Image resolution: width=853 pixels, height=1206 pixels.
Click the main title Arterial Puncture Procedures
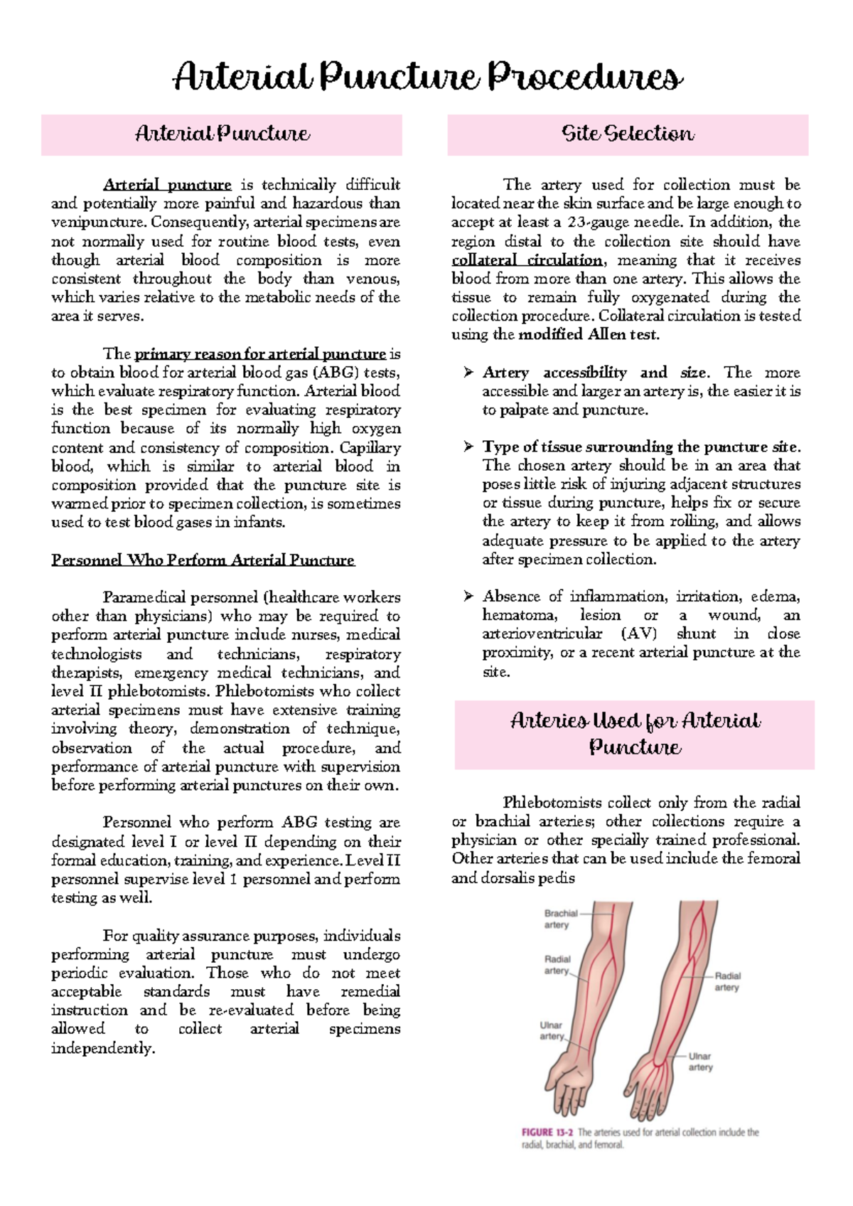(427, 77)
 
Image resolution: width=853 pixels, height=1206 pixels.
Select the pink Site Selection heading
(628, 134)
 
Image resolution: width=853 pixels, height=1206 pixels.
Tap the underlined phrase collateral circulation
(527, 260)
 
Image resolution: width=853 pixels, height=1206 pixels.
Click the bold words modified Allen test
(589, 335)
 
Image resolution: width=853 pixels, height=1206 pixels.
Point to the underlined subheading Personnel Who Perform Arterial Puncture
(203, 560)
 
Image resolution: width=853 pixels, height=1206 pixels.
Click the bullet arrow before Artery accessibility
(468, 373)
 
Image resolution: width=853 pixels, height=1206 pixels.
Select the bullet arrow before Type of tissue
(468, 447)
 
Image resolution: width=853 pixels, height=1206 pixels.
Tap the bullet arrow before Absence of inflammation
(468, 596)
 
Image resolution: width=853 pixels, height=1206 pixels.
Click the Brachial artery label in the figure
(560, 919)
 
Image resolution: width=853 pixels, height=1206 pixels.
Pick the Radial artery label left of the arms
(557, 965)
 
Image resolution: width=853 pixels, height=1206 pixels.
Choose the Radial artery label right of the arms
(727, 981)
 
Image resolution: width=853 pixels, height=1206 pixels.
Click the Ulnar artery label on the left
(552, 1030)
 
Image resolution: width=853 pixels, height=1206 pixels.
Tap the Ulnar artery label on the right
(700, 1062)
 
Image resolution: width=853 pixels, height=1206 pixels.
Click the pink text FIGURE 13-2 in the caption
(547, 1132)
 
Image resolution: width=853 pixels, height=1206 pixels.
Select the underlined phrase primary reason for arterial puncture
(260, 354)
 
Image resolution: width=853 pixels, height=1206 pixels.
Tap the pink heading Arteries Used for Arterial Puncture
(635, 734)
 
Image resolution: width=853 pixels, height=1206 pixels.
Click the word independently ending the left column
(103, 1049)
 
